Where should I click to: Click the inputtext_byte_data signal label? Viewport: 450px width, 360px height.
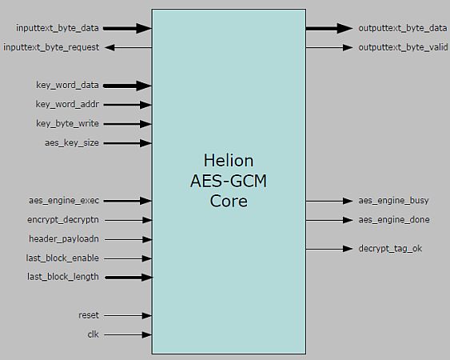(58, 28)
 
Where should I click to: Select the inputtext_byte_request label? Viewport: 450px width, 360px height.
(52, 47)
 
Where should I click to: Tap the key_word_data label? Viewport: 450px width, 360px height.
(68, 85)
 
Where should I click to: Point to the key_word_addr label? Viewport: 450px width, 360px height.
(68, 104)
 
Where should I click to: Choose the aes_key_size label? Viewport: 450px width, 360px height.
(72, 142)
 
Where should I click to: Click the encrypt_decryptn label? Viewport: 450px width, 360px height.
(63, 219)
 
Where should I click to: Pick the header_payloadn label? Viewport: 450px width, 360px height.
(64, 238)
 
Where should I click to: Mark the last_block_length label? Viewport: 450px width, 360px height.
(63, 277)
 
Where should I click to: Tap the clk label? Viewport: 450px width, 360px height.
(93, 334)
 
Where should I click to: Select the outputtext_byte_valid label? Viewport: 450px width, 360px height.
(402, 47)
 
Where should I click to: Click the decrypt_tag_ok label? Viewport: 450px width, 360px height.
(390, 248)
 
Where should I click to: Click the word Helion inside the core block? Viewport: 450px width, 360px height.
(228, 162)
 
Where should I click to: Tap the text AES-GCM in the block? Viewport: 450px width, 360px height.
(228, 181)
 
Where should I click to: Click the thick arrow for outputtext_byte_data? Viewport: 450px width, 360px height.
(329, 28)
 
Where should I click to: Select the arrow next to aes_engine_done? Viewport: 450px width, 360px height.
(329, 219)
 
